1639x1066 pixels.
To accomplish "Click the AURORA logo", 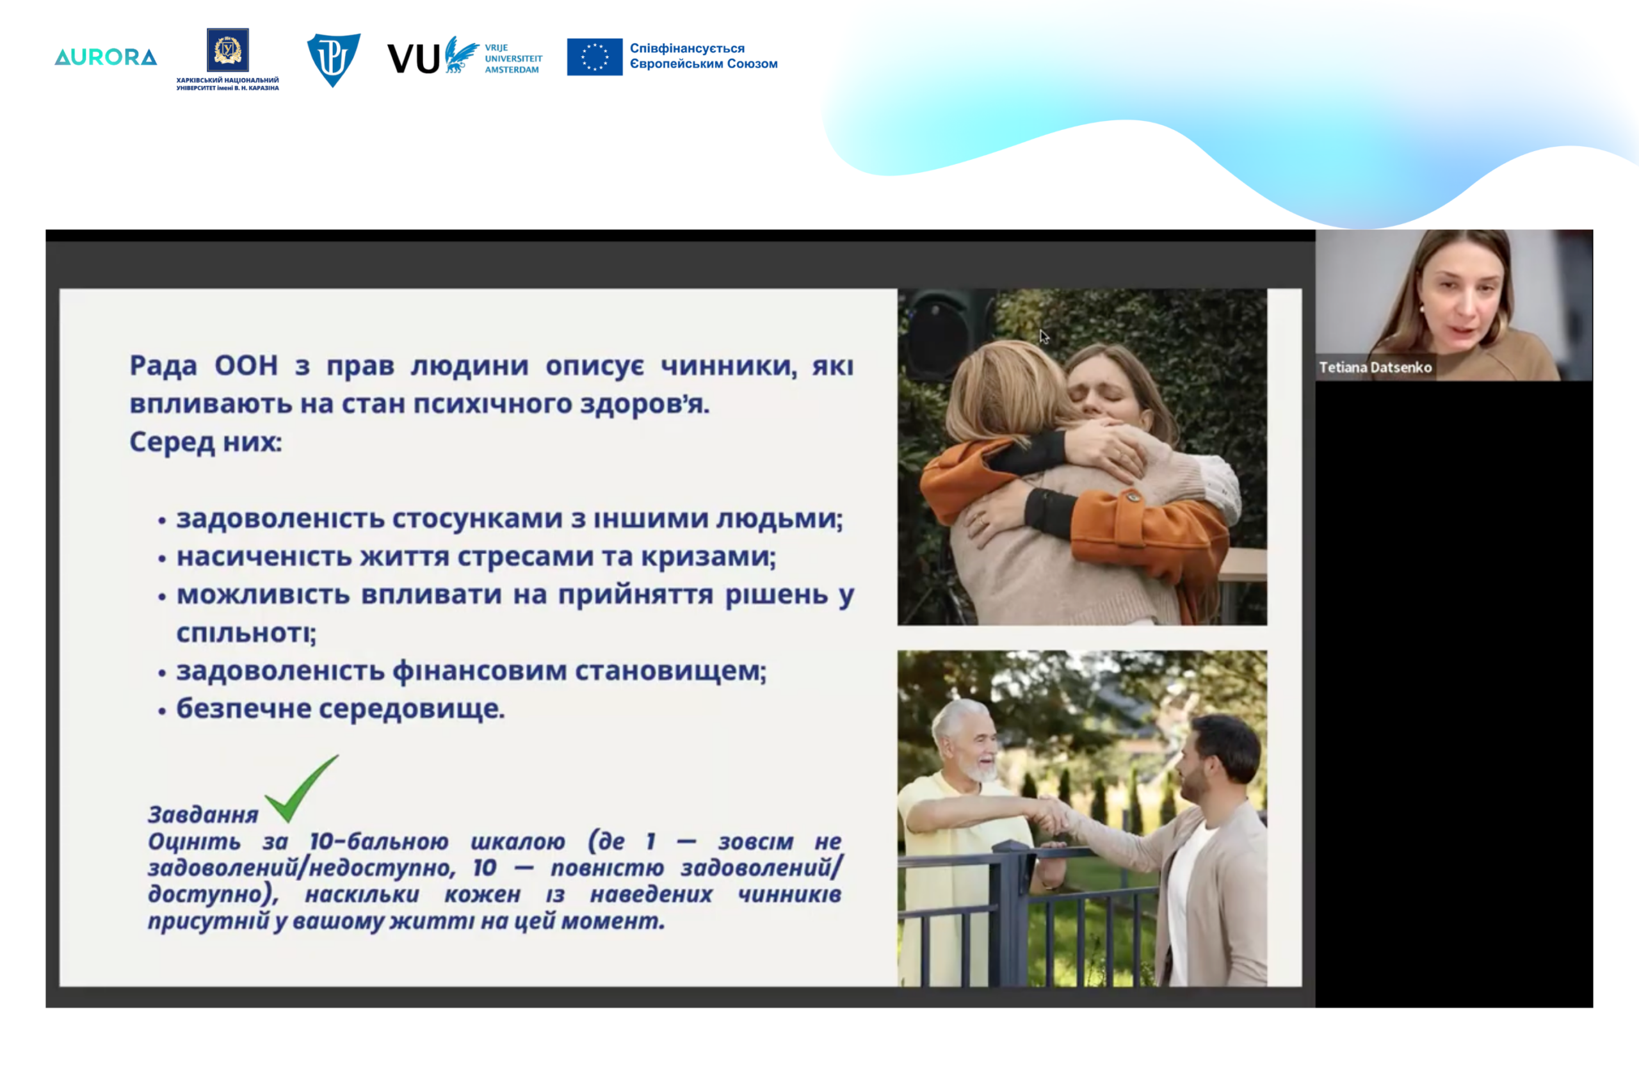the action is click(x=106, y=57).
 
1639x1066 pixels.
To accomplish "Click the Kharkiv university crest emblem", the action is click(x=228, y=49).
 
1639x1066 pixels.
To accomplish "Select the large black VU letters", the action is click(x=414, y=58).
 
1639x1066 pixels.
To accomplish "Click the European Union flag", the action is click(x=595, y=57).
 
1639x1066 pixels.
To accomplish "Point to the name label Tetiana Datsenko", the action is click(x=1375, y=367).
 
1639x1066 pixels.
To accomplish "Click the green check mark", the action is click(x=301, y=789).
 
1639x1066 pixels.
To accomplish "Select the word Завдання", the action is click(x=203, y=814).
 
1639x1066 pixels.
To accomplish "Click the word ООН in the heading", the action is click(x=246, y=366).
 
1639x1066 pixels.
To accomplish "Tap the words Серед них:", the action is click(x=206, y=441).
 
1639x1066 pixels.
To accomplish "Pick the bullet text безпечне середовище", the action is click(x=341, y=709).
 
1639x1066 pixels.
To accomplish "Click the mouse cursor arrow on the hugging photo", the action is click(x=1044, y=337).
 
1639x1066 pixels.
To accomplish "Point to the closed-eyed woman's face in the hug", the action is click(x=1110, y=390).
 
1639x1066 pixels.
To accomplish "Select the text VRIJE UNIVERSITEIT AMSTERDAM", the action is click(x=513, y=58).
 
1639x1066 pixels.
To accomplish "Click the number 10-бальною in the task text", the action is click(x=379, y=841).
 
